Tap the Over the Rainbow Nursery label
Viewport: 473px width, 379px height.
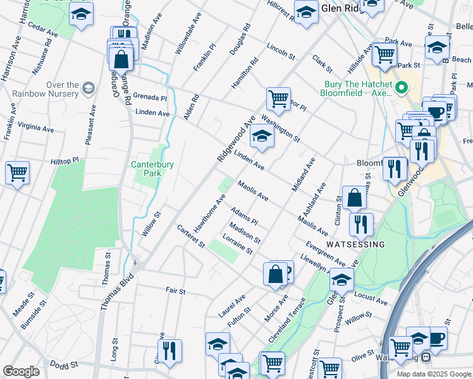[44, 90]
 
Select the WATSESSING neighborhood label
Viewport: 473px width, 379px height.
[355, 244]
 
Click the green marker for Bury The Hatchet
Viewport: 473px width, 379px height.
[400, 85]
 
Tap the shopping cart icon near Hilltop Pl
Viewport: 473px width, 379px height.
[17, 172]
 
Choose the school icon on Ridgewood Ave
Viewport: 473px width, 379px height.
[262, 135]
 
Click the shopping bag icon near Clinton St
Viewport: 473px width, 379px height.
[355, 198]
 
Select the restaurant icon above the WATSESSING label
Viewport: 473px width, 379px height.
[361, 224]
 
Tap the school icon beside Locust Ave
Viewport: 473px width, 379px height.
[341, 279]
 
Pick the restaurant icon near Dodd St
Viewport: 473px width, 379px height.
[169, 351]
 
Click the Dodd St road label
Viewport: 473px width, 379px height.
[65, 364]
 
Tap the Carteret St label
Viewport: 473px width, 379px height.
[190, 237]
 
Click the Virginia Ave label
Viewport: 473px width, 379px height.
[37, 127]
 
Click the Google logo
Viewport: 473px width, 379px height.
[21, 371]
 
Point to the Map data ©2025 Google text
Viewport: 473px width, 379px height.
[434, 374]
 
